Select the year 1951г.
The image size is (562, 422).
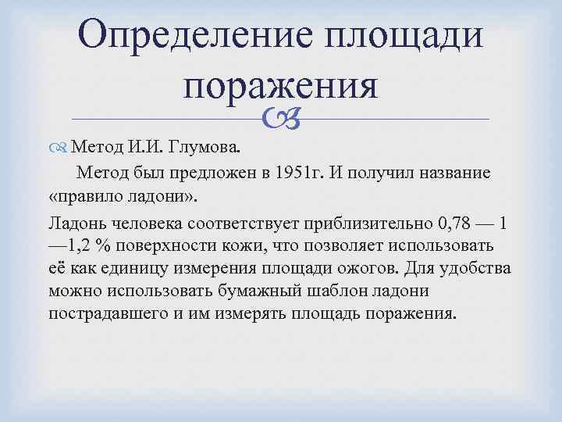311,172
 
